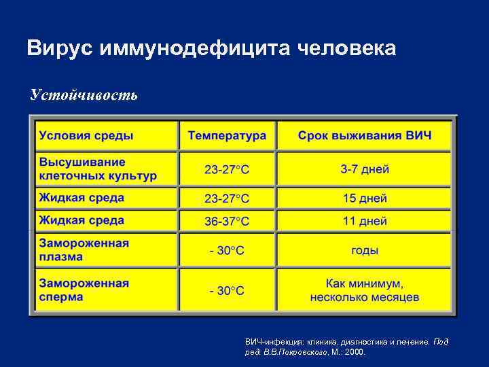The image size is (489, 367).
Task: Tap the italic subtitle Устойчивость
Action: [84, 94]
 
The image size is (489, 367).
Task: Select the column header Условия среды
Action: [86, 135]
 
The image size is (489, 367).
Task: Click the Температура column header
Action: [228, 135]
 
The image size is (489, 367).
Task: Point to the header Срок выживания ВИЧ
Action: [365, 135]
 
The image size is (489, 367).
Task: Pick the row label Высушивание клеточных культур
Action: [98, 169]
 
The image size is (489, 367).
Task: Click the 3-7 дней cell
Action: [365, 169]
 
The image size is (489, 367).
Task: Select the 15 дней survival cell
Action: [365, 198]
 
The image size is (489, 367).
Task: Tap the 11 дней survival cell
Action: [365, 221]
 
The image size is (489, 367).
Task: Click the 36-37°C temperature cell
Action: [228, 222]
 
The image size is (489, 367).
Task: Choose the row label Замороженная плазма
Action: [84, 250]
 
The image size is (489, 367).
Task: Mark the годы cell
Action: [365, 250]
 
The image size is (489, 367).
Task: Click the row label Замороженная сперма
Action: [84, 290]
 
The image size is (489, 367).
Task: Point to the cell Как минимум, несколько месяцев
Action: [365, 290]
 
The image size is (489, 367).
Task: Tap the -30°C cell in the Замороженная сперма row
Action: [228, 291]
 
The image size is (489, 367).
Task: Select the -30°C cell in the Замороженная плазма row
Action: [228, 251]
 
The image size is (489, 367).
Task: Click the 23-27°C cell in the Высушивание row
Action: [228, 169]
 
